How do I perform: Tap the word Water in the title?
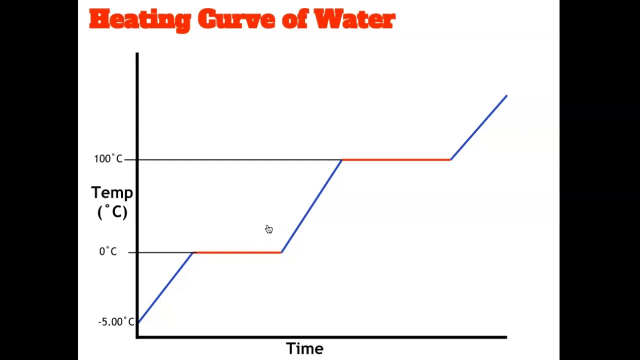(x=354, y=20)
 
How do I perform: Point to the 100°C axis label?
(x=108, y=159)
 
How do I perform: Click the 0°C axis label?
(x=108, y=251)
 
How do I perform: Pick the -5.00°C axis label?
(x=116, y=322)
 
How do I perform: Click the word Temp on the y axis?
(x=112, y=193)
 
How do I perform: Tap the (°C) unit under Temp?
(x=112, y=212)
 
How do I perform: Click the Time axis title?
(x=304, y=348)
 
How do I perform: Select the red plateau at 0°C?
(x=237, y=252)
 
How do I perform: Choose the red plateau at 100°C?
(x=396, y=159)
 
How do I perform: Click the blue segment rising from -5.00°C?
(x=165, y=287)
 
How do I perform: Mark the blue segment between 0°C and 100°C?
(x=311, y=206)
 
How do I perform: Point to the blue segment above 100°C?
(x=479, y=127)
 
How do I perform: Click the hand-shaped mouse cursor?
(x=269, y=229)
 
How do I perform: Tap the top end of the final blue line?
(x=506, y=95)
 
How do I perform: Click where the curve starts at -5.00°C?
(x=138, y=322)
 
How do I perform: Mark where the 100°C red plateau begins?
(x=342, y=159)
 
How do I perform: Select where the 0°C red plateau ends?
(x=281, y=252)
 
